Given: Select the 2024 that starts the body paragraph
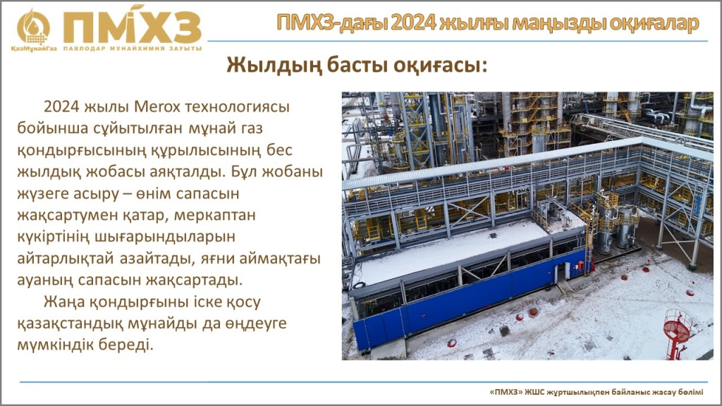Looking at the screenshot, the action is (x=62, y=107).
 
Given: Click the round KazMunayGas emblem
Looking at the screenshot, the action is (x=33, y=27).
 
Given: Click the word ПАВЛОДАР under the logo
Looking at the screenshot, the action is (x=85, y=49).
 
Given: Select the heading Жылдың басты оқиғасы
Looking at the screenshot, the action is (x=356, y=65).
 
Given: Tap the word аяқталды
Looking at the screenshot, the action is (x=188, y=172).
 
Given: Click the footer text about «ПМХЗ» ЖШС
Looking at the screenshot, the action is (x=596, y=392).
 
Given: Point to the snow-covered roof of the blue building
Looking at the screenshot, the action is (x=449, y=251).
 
